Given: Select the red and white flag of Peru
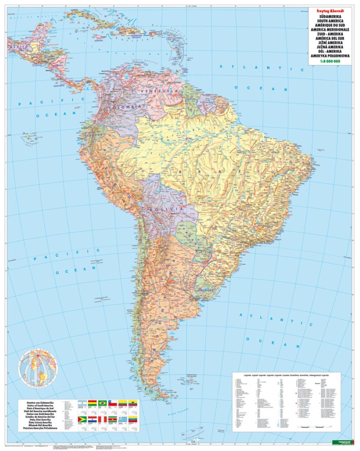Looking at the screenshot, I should [103, 419].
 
